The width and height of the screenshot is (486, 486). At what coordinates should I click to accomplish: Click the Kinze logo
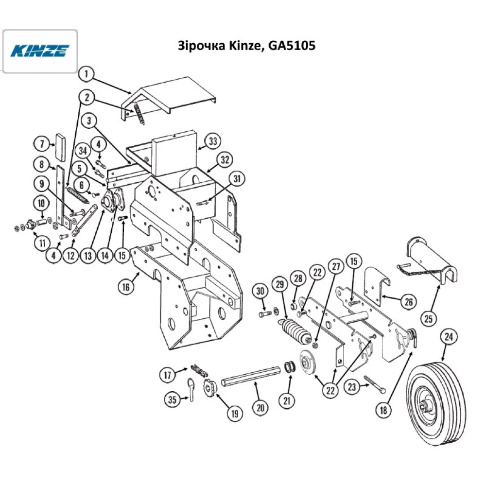(40, 51)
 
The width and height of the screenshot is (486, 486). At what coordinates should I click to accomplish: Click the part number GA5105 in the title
(292, 46)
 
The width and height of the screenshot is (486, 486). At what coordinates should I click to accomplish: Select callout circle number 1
(86, 74)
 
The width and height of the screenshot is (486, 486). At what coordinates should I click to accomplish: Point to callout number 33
(212, 141)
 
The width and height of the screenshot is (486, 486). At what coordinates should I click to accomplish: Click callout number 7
(42, 144)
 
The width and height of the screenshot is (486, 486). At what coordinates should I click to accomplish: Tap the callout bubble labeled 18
(383, 410)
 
